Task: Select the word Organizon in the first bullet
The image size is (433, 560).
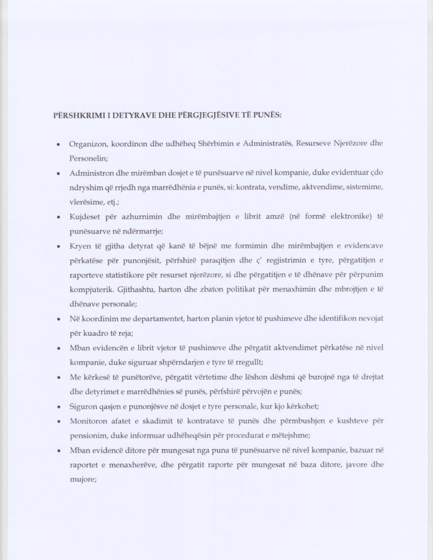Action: pyautogui.click(x=88, y=144)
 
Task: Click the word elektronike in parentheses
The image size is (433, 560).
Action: pyautogui.click(x=350, y=217)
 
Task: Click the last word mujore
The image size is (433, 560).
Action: pyautogui.click(x=83, y=480)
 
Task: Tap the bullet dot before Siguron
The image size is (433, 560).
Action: pyautogui.click(x=59, y=407)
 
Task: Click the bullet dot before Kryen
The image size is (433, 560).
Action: pyautogui.click(x=59, y=246)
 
